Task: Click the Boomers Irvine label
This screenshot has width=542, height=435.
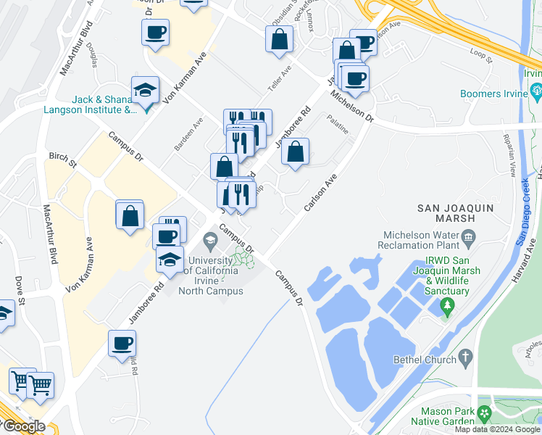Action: click(493, 94)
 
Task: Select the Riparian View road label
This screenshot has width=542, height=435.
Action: click(512, 160)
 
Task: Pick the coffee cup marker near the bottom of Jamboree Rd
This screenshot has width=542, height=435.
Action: click(122, 344)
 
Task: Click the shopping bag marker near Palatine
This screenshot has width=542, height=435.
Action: click(295, 152)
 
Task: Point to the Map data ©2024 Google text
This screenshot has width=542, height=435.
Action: click(497, 429)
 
